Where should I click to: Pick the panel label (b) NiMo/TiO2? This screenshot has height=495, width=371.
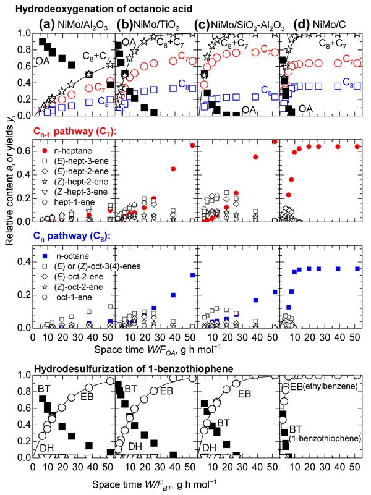click(152, 26)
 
